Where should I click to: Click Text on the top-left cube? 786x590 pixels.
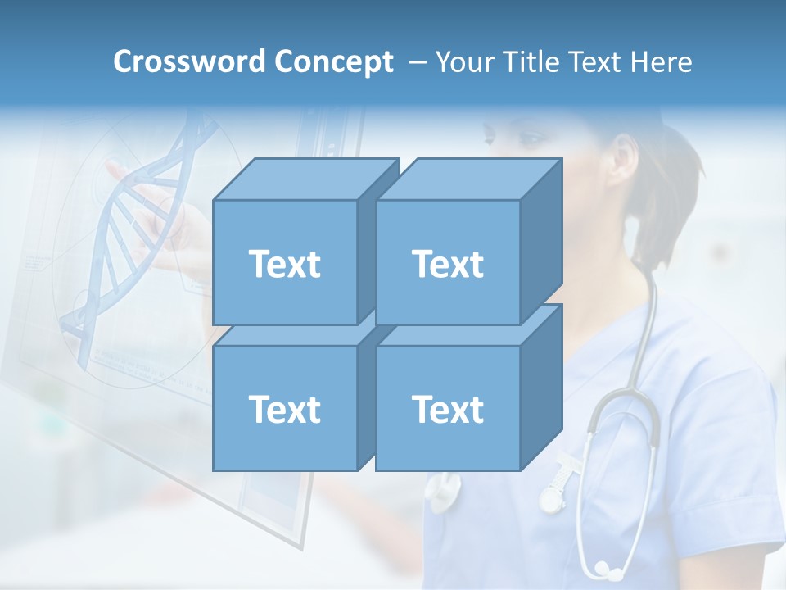click(284, 264)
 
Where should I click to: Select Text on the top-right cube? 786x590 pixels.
click(447, 264)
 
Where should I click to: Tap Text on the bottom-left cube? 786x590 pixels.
click(284, 409)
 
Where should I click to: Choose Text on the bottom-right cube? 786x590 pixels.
click(447, 409)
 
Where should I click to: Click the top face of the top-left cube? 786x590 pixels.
click(305, 179)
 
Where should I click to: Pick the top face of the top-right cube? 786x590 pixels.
click(468, 179)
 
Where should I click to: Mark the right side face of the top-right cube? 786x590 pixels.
click(541, 238)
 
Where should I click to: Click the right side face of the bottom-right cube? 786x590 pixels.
click(541, 385)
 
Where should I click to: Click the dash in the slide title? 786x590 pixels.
click(416, 62)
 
